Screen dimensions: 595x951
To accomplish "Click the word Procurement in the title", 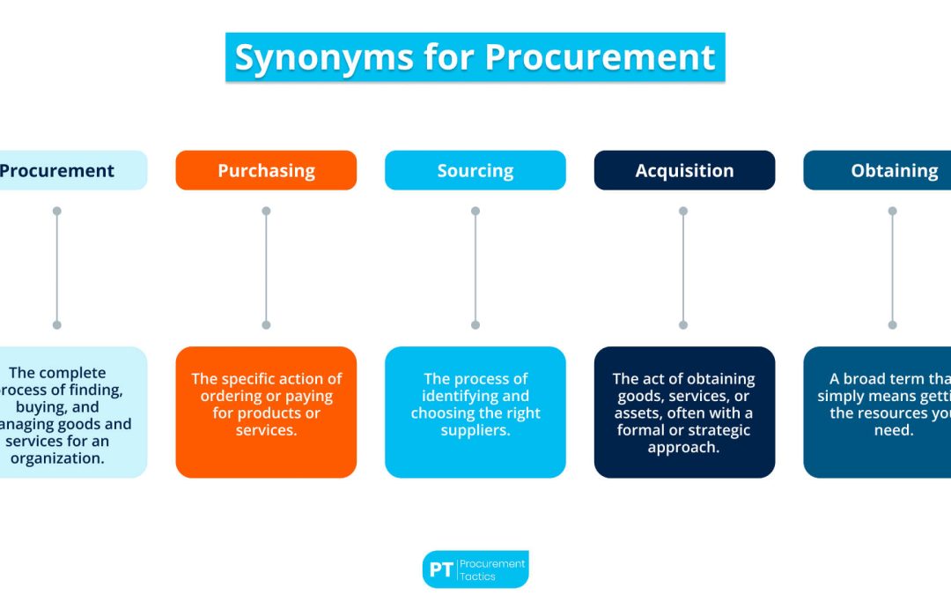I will point(599,58).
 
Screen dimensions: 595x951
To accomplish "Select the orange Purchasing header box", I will point(266,170).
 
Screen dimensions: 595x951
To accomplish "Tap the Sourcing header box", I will point(475,170).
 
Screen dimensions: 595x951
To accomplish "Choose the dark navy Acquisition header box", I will point(684,170).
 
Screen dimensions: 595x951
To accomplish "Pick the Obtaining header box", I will point(881,170).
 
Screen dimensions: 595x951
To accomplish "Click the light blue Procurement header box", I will point(62,170).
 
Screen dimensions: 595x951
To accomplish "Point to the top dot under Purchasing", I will point(266,212).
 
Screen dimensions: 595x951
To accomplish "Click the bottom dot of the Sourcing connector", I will point(475,324).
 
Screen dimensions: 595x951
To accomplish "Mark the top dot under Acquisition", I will point(684,212).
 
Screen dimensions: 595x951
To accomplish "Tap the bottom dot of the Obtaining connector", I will point(892,324).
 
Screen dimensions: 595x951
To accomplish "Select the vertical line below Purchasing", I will point(266,268).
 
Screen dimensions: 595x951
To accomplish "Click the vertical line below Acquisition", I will point(684,268).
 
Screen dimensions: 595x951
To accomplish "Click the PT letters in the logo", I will point(440,569).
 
